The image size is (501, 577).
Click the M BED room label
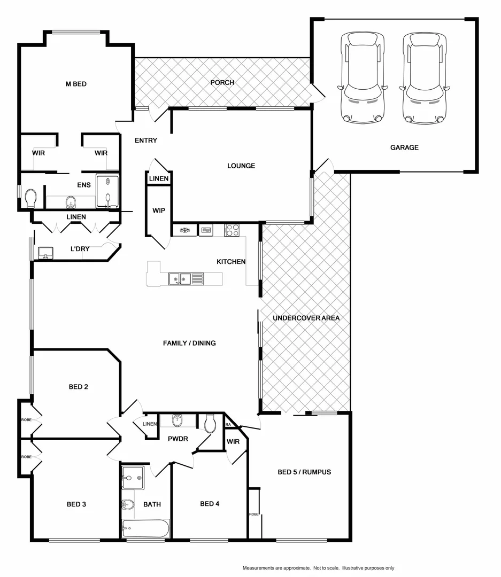point(76,84)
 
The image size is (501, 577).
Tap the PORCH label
point(222,82)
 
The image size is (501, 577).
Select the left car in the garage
point(363,77)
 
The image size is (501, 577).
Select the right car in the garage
point(424,77)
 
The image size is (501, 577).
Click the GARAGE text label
point(404,147)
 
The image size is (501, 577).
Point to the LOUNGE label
point(241,166)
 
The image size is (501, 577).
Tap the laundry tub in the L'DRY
point(45,253)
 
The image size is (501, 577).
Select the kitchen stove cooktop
point(232,230)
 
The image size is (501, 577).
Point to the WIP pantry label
point(159,211)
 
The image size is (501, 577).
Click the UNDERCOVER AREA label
point(306,318)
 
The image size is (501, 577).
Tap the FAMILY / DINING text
point(189,343)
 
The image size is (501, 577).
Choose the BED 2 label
point(78,387)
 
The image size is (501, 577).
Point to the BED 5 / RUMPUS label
point(304,472)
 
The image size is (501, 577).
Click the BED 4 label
point(210,504)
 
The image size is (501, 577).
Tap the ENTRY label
point(145,141)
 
